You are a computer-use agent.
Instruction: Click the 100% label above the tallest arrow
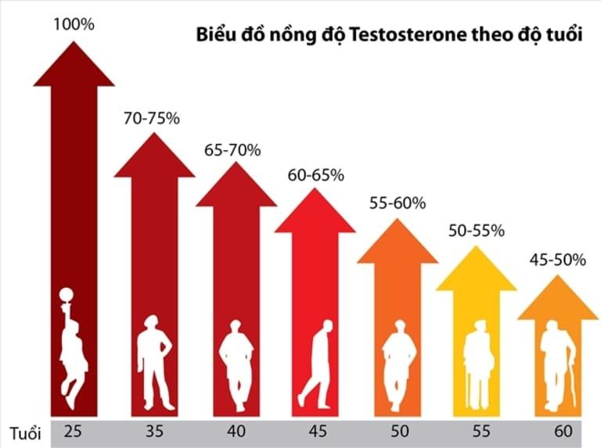pyautogui.click(x=74, y=24)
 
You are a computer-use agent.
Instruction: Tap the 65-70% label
pyautogui.click(x=233, y=150)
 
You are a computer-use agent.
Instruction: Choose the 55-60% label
pyautogui.click(x=397, y=202)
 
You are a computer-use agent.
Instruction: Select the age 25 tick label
pyautogui.click(x=74, y=432)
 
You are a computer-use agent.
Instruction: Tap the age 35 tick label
pyautogui.click(x=154, y=432)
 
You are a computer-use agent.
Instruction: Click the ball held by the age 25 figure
pyautogui.click(x=67, y=295)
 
